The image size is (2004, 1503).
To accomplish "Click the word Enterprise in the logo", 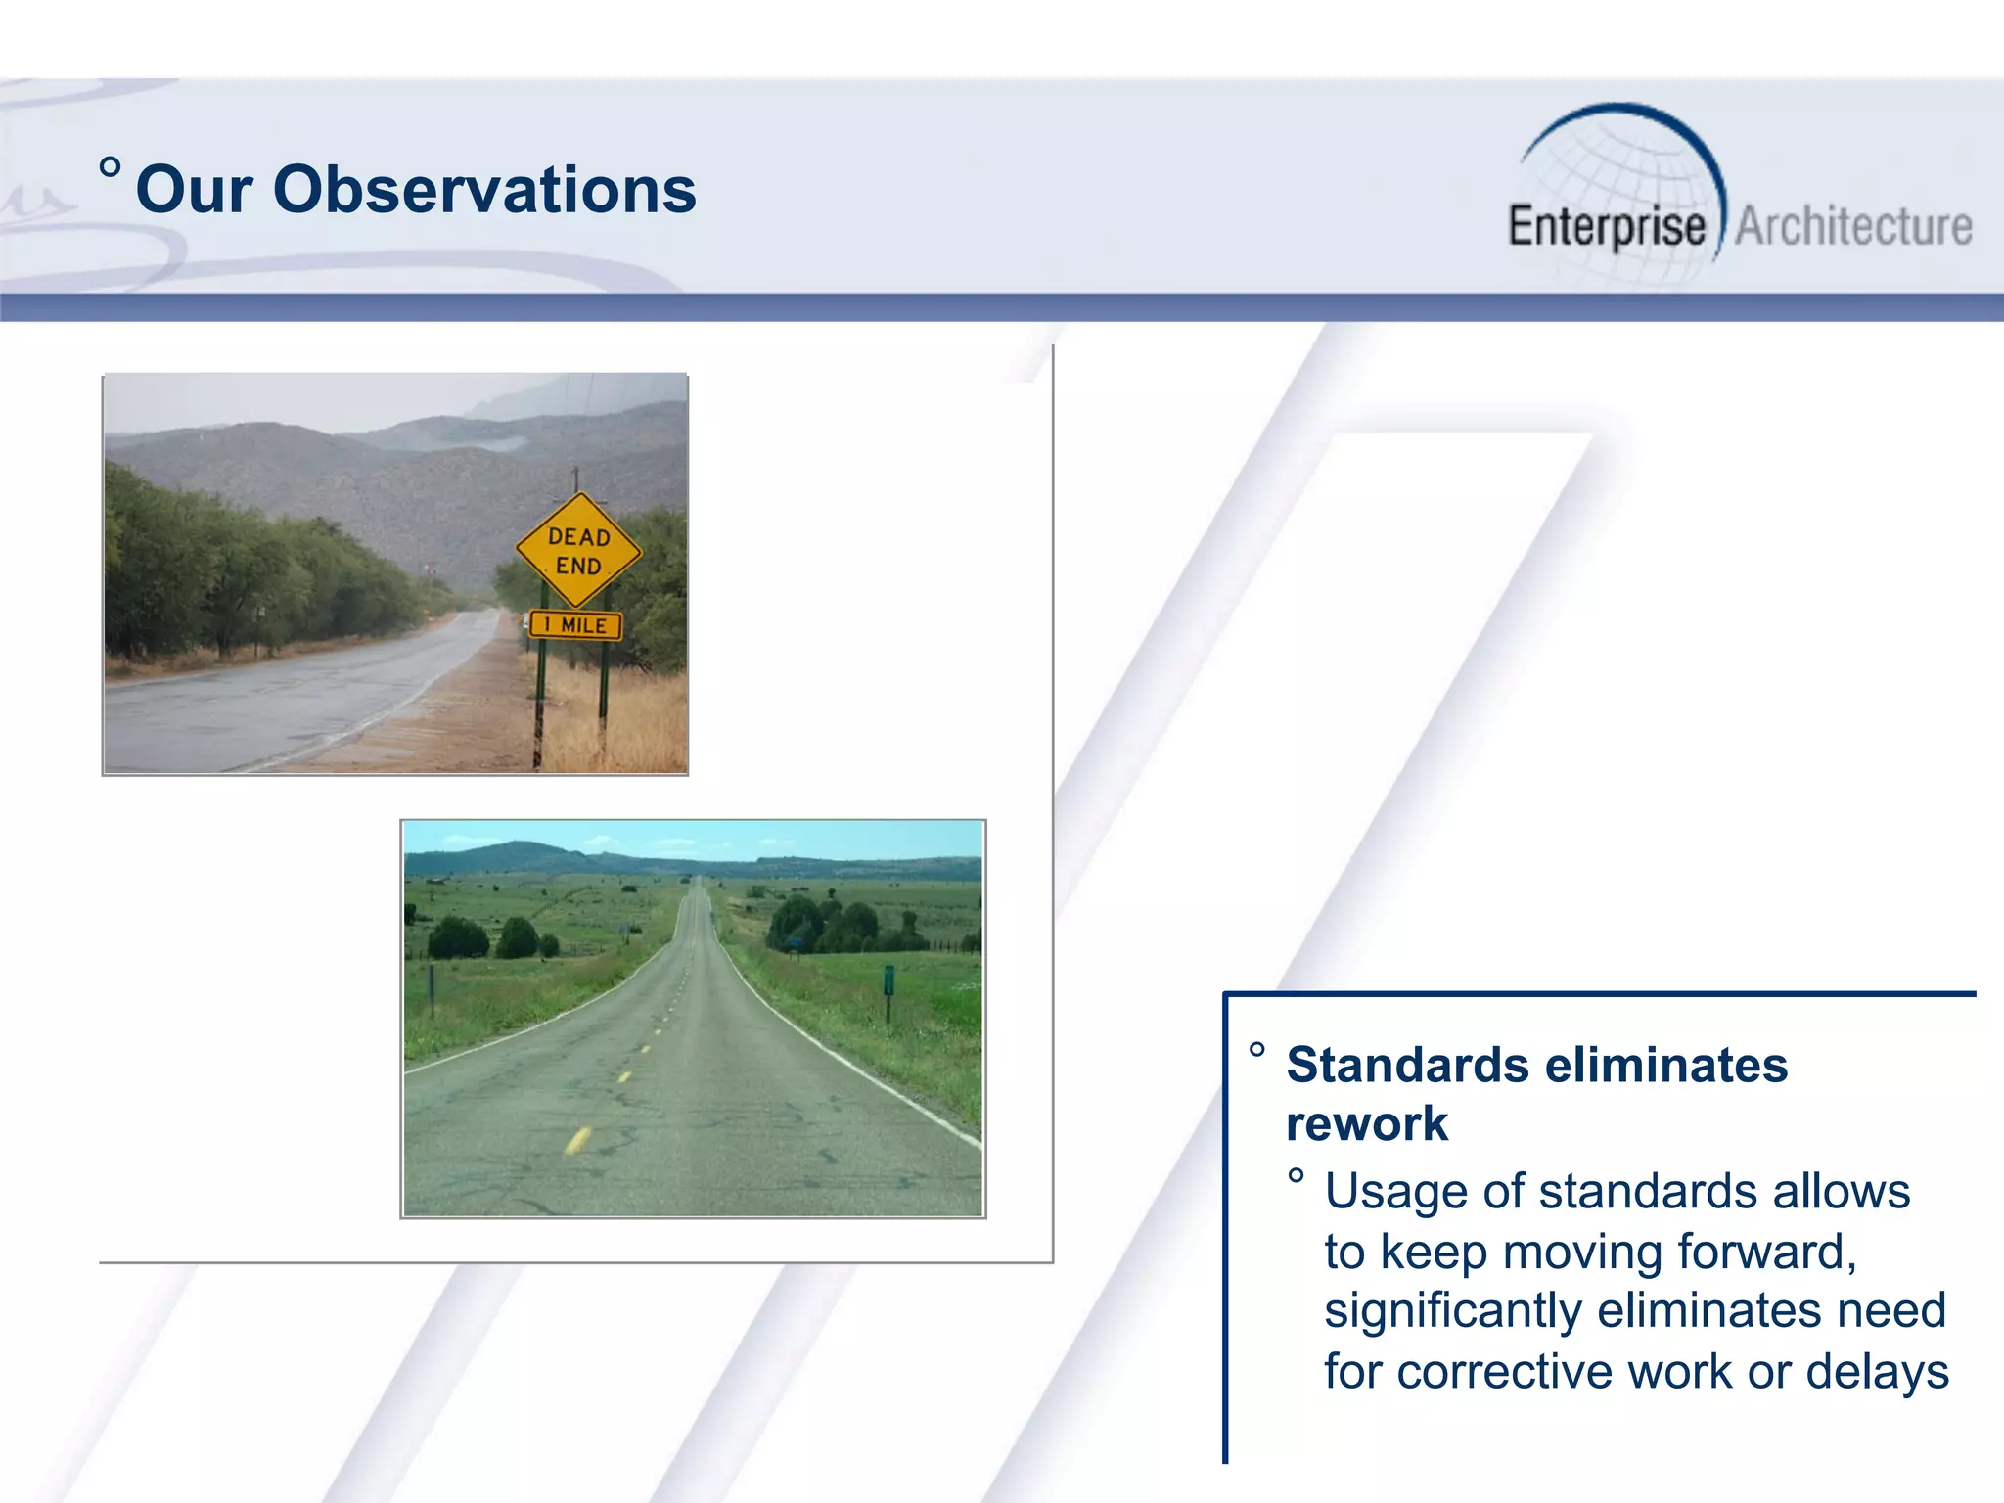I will point(1607,227).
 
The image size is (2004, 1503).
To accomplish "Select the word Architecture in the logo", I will point(1853,227).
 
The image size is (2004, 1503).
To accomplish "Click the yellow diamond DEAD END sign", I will point(578,550).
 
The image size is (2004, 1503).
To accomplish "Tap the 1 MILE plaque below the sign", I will point(575,625).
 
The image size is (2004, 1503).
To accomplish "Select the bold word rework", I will point(1366,1123).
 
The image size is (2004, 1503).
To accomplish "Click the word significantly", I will point(1452,1311).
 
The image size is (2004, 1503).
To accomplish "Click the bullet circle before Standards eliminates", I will point(1257,1051).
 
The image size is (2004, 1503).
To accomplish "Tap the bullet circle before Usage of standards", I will point(1296,1176).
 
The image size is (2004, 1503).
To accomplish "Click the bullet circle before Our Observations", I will point(111,167).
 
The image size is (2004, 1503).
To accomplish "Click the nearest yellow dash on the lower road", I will point(577,1140).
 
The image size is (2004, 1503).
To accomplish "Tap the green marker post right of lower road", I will point(888,981).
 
